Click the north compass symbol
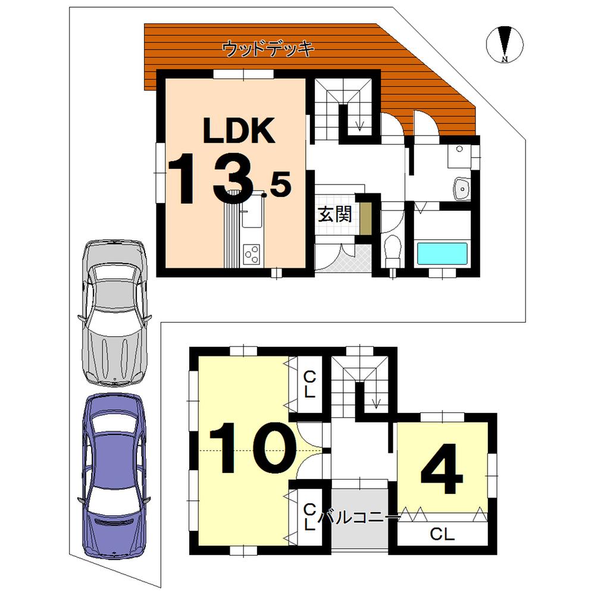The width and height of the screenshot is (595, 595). pos(505,44)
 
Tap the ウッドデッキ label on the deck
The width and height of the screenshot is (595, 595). pos(268,49)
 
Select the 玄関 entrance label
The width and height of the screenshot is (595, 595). pos(334,214)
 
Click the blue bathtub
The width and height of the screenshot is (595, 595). pos(441,254)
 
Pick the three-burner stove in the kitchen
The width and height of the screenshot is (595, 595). pos(251,254)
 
